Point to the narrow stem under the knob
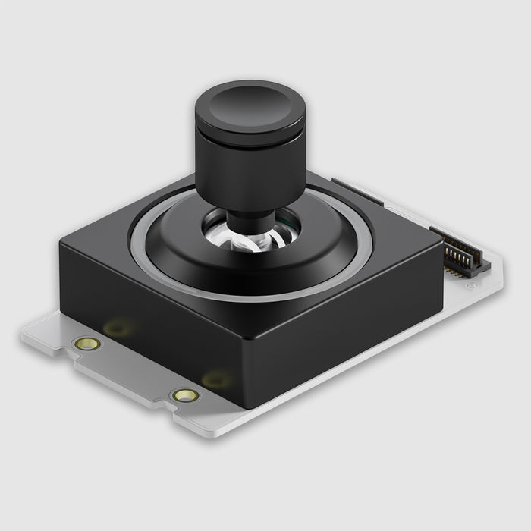[x=250, y=221]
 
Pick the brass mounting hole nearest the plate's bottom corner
[x=185, y=395]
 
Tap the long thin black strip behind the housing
[x=357, y=191]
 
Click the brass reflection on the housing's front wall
[x=118, y=328]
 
